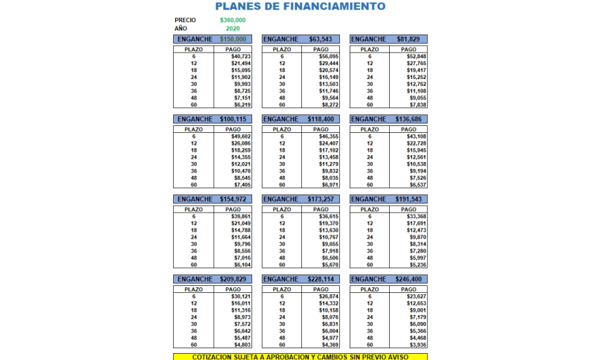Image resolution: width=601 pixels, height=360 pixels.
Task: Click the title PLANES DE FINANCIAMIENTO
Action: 300,6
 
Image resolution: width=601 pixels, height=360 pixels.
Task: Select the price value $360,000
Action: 233,20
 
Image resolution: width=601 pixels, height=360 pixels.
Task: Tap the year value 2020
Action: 233,28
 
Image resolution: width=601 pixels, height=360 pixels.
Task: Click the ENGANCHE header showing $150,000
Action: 233,39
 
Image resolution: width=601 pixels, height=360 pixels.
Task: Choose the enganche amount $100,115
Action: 233,119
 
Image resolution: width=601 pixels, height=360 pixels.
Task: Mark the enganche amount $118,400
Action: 321,119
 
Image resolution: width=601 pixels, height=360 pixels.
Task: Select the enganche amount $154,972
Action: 233,199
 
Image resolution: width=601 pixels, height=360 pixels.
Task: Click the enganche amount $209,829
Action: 233,279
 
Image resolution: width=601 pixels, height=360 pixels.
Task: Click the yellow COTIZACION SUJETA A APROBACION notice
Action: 300,357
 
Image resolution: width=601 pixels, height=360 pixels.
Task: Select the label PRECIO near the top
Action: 185,20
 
